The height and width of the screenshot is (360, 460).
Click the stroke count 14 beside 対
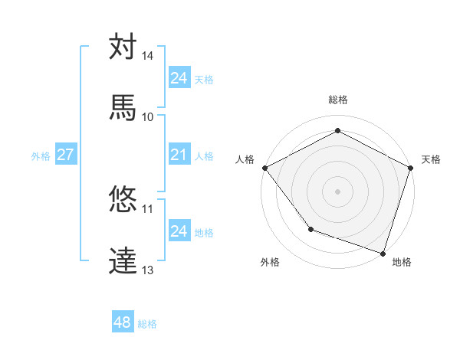click(x=148, y=56)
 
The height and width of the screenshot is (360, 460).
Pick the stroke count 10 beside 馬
click(x=148, y=116)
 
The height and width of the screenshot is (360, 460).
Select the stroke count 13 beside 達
click(x=148, y=270)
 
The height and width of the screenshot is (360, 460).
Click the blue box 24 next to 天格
click(x=179, y=78)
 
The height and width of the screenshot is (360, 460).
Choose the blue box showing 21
click(x=179, y=155)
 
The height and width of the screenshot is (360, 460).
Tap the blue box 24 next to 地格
click(x=179, y=231)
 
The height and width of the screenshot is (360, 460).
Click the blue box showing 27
click(x=65, y=155)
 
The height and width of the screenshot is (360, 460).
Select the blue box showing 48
click(x=123, y=322)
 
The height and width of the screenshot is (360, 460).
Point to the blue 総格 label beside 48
click(x=147, y=324)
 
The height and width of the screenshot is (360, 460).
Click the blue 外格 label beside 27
click(x=41, y=155)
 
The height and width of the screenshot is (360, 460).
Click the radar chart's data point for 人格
click(x=264, y=167)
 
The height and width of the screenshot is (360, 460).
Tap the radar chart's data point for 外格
click(x=310, y=228)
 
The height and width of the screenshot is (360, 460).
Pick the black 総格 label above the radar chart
click(x=338, y=100)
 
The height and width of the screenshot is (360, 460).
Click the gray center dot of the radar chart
click(x=337, y=191)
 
